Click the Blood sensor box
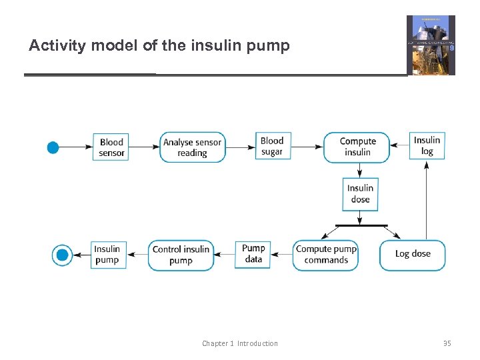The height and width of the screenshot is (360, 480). [x=111, y=147]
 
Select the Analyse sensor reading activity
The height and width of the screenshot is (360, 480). [x=193, y=147]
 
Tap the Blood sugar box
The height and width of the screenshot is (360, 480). [x=272, y=147]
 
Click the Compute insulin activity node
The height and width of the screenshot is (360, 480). [x=357, y=147]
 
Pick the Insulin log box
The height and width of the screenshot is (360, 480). [x=427, y=145]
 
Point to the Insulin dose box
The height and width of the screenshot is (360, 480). [x=360, y=193]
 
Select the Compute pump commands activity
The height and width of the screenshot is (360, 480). [x=326, y=255]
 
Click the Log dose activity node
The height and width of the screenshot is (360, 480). [x=413, y=255]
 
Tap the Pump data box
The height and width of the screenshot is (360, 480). [x=253, y=254]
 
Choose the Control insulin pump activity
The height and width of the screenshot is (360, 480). [x=181, y=255]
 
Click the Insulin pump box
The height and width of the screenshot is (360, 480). [x=107, y=255]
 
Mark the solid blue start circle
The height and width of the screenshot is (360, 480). [x=53, y=147]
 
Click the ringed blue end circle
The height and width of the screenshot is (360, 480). [x=62, y=255]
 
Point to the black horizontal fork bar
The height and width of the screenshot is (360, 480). [x=361, y=226]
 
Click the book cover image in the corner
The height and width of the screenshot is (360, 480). [x=431, y=45]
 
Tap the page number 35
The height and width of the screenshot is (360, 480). [x=447, y=343]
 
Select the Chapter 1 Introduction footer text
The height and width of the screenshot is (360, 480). [x=240, y=343]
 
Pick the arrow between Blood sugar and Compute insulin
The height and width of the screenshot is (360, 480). [x=306, y=147]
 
